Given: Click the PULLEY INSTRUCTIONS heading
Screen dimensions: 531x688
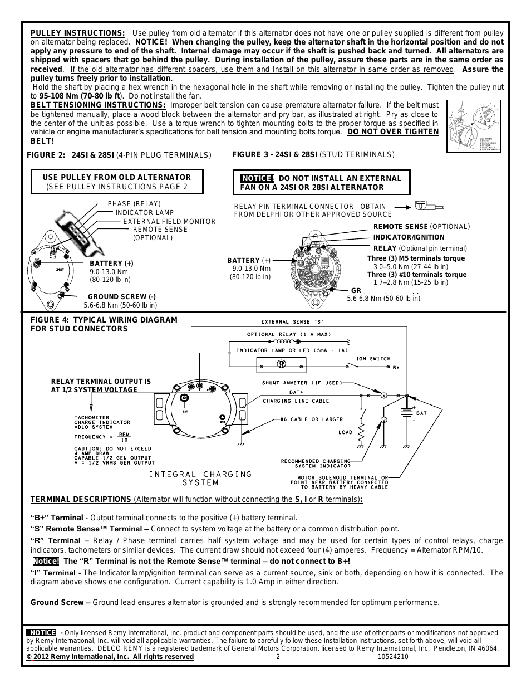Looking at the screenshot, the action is point(77,33).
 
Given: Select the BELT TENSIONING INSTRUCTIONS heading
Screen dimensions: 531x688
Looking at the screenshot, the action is point(98,105).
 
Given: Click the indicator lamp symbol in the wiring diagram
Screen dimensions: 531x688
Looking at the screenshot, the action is point(282,364).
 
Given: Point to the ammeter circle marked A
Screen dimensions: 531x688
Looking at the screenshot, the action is point(383,396).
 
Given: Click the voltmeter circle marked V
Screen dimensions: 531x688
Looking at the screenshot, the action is point(383,419).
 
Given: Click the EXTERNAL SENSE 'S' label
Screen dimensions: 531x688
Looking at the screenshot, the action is point(293,322).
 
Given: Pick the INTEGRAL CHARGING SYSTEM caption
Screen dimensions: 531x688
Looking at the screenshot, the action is point(201,478).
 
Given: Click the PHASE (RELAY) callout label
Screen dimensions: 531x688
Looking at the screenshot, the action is point(134,204).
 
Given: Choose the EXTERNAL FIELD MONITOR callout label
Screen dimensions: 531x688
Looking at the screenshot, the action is point(169,221).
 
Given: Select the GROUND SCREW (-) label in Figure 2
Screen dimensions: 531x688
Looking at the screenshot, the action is point(122,297).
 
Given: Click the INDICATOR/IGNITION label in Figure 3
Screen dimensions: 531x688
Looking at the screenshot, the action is point(409,237).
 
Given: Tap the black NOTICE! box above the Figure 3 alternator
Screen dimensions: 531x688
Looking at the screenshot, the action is point(257,178).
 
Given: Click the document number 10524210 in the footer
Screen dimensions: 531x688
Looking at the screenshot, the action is point(393,657).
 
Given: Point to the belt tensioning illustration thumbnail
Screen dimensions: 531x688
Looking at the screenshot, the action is point(474,127).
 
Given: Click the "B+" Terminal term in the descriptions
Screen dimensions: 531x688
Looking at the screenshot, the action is point(57,518).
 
